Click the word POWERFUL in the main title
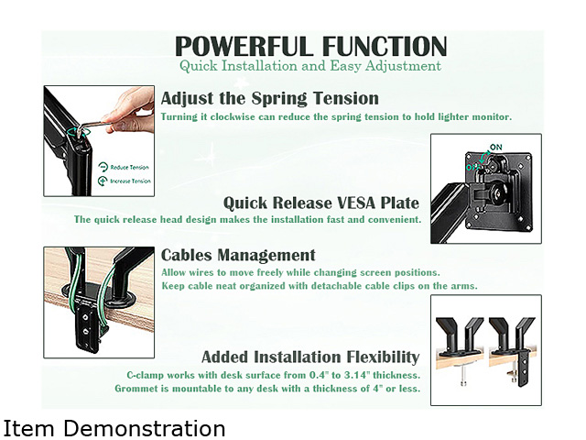click(x=244, y=46)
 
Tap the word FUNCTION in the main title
click(x=385, y=46)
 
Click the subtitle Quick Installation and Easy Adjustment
click(x=310, y=66)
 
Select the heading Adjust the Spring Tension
click(x=270, y=98)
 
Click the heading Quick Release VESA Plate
click(x=321, y=203)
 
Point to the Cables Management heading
click(x=238, y=255)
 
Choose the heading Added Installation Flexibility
click(x=310, y=357)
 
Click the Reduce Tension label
click(x=129, y=167)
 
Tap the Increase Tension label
click(x=130, y=181)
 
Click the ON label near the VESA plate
click(x=496, y=147)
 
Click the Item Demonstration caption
click(x=114, y=428)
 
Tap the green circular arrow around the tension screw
click(x=79, y=132)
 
